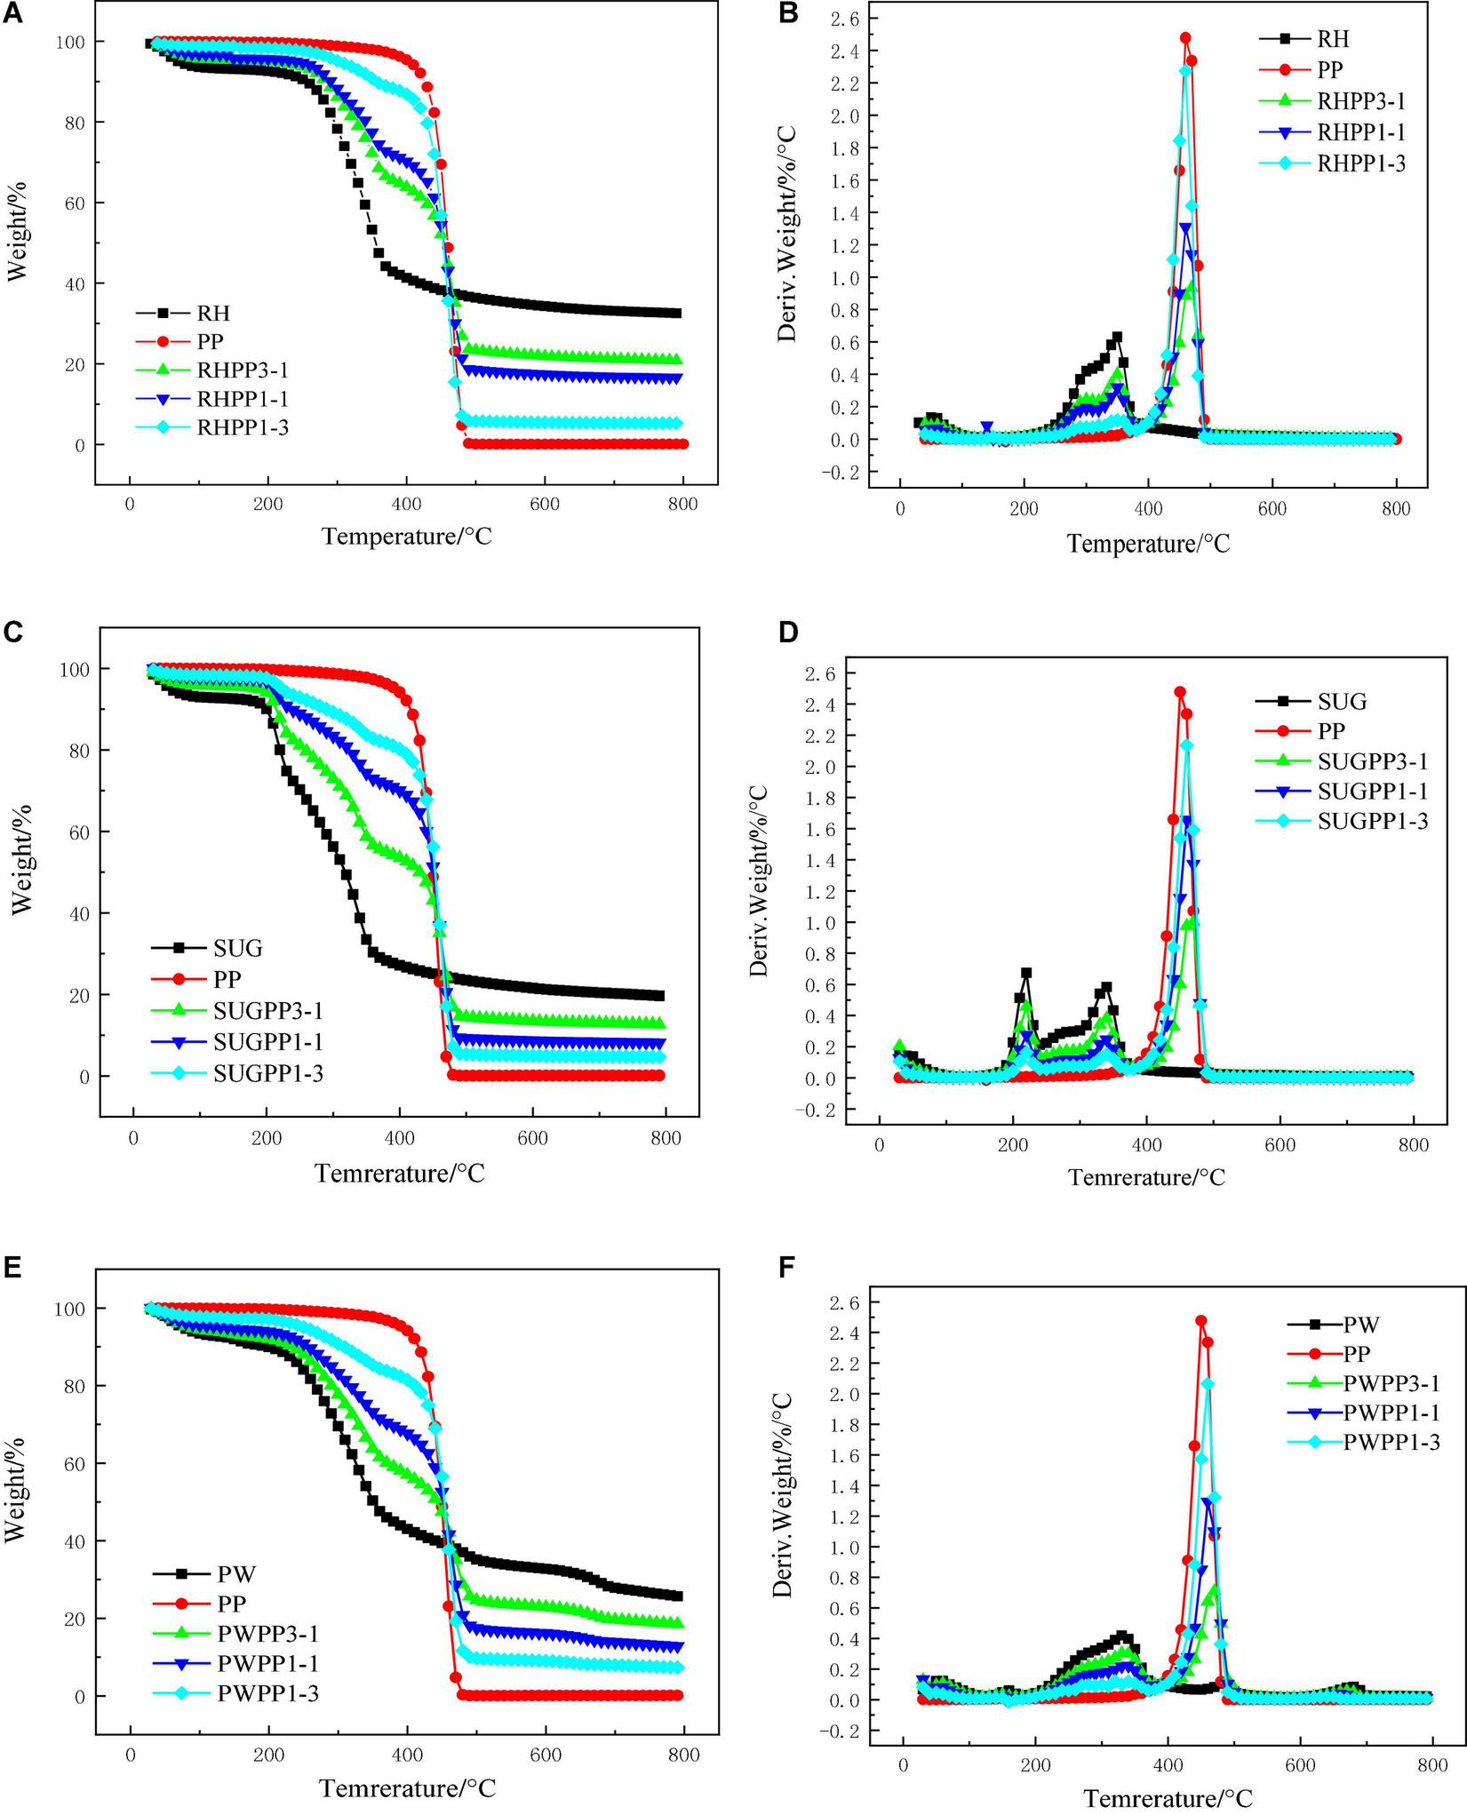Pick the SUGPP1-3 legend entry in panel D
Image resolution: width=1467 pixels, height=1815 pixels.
point(1373,822)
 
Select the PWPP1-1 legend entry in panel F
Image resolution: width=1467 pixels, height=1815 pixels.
point(1391,1412)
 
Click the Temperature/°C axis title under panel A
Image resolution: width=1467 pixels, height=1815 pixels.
point(406,537)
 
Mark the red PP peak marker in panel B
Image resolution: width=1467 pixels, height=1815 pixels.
point(1184,38)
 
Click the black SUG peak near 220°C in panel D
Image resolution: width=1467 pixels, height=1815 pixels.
point(1025,974)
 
